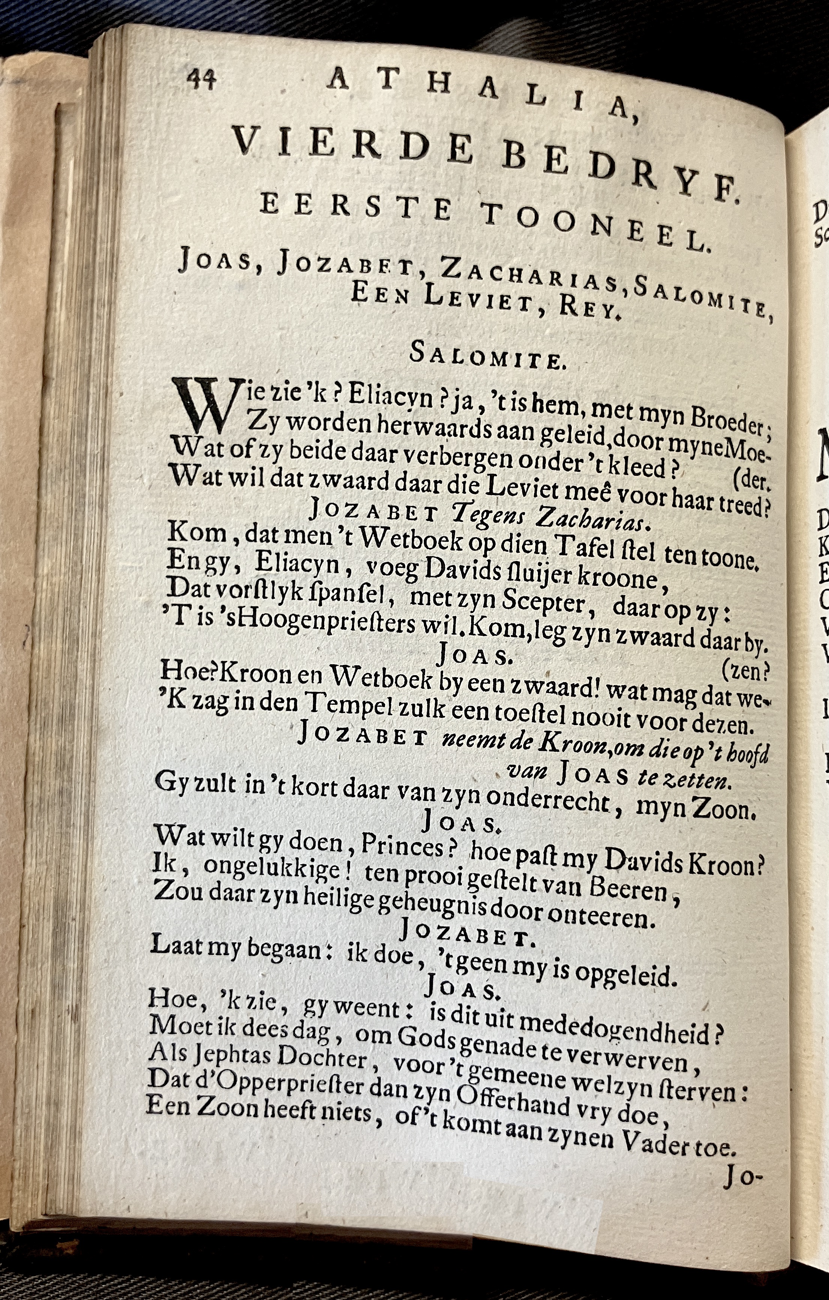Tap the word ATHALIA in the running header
coord(481,95)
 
